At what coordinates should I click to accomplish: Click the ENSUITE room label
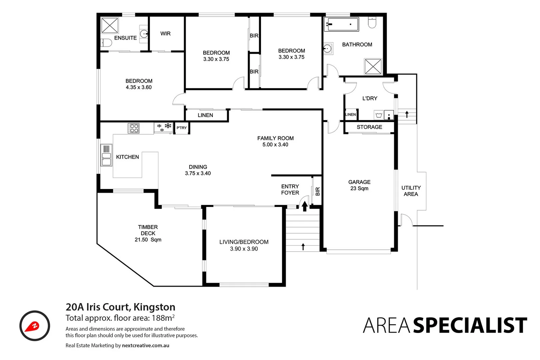point(125,38)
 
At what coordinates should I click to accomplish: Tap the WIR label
point(165,34)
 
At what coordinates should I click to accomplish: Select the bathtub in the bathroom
point(341,24)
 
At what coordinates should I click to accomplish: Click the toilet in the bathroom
point(372,23)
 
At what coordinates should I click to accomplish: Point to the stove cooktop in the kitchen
point(134,128)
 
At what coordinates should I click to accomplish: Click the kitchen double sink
point(106,155)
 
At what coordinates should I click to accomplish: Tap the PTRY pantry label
point(182,128)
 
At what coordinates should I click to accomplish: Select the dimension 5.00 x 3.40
point(275,145)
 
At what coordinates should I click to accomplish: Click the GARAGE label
point(359,182)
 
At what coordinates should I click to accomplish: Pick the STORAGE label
point(369,127)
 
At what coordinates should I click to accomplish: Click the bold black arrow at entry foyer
point(304,206)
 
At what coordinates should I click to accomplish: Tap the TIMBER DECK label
point(148,230)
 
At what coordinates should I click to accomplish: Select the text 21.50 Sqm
point(148,240)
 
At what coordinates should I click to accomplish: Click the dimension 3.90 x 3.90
point(244,249)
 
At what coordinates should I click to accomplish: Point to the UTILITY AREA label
point(411,191)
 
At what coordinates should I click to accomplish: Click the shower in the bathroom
point(373,66)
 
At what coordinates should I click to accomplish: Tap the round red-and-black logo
point(35,326)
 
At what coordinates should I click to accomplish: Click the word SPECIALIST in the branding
point(470,326)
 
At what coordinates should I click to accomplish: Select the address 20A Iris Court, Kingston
point(120,307)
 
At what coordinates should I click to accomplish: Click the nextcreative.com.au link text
point(145,345)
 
